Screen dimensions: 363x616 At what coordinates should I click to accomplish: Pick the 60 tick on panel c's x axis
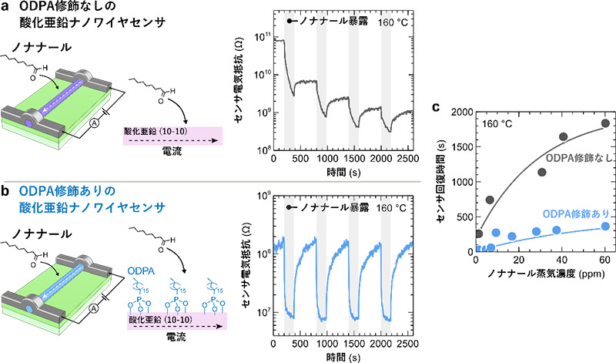tap(605, 261)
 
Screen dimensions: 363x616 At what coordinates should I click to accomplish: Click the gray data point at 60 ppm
tap(604, 123)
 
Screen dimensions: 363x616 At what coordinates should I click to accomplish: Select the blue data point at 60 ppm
tap(604, 226)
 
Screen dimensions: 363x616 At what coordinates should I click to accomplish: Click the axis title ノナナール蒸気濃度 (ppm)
tap(541, 275)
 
